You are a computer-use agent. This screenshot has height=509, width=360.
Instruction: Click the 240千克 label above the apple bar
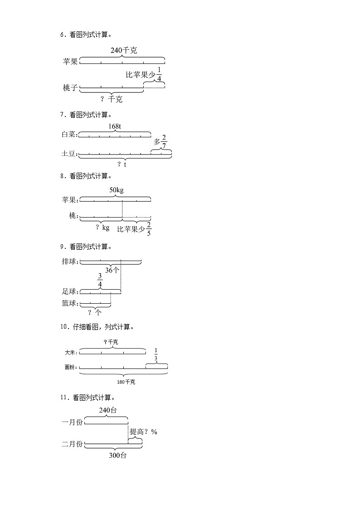[x=123, y=51]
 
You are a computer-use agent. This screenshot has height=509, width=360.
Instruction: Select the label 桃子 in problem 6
[x=70, y=87]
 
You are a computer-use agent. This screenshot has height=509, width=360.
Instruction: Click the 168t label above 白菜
[x=114, y=126]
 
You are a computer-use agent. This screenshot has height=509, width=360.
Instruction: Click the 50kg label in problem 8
[x=116, y=190]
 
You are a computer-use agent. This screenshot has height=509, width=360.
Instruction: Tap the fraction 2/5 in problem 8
[x=149, y=229]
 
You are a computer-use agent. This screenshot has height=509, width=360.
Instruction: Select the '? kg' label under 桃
[x=102, y=227]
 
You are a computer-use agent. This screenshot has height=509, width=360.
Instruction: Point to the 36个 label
[x=112, y=270]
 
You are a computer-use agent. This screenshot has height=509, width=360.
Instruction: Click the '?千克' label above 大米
[x=111, y=342]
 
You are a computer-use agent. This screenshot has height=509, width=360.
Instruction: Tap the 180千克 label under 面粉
[x=126, y=382]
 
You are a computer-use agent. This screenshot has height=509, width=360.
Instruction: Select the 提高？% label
[x=143, y=432]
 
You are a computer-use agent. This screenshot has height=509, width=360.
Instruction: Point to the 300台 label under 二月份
[x=118, y=456]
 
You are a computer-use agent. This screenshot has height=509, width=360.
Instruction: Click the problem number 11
[x=63, y=398]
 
